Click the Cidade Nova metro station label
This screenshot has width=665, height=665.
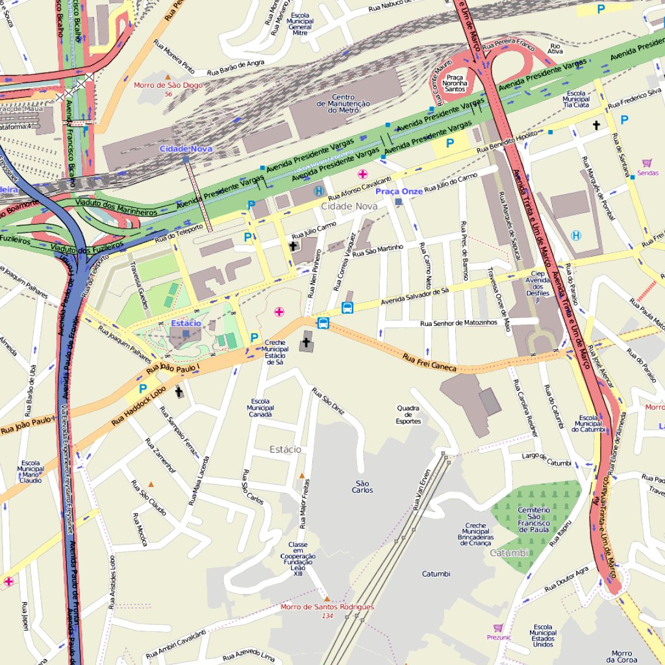click(186, 149)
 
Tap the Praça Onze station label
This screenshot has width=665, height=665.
click(399, 192)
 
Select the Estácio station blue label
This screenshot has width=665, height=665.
click(186, 323)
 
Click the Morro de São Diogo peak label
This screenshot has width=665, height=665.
click(168, 85)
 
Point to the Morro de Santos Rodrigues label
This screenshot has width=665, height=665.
click(327, 607)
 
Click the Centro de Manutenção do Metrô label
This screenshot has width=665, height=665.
click(344, 103)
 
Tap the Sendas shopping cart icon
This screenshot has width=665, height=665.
click(647, 163)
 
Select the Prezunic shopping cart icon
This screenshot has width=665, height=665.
click(498, 628)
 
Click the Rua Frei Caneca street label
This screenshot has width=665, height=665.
click(429, 362)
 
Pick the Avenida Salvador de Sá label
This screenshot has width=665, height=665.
click(414, 296)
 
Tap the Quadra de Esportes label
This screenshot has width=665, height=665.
click(408, 414)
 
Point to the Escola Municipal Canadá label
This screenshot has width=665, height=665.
click(260, 408)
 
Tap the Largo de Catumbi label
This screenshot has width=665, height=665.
click(547, 459)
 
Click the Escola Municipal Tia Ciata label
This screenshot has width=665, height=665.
click(576, 99)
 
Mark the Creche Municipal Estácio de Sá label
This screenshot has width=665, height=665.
click(275, 353)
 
